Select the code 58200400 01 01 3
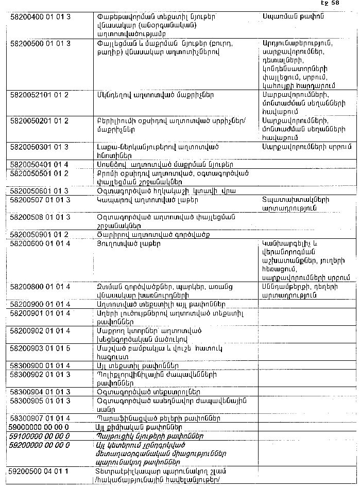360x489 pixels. [x=40, y=18]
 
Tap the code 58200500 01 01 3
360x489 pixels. [x=40, y=42]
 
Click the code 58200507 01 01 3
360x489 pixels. [x=40, y=200]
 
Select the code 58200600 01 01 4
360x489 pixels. [x=40, y=243]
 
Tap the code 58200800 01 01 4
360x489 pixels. [x=40, y=287]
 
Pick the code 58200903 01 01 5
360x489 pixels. [x=40, y=348]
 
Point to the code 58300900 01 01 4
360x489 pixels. [x=40, y=365]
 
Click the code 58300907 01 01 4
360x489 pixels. [x=40, y=417]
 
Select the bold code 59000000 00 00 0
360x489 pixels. [x=39, y=427]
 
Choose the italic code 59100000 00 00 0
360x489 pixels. [x=39, y=435]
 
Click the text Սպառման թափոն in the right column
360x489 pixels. [x=287, y=17]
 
